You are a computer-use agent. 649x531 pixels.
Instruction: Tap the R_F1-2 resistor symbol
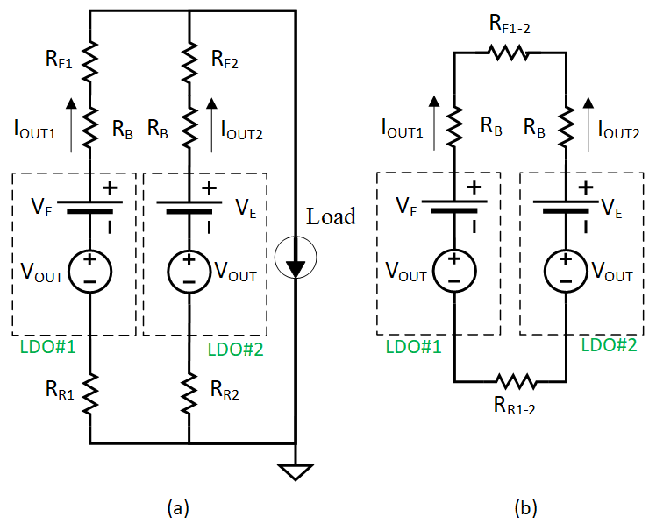510,53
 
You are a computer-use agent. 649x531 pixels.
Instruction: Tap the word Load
331,216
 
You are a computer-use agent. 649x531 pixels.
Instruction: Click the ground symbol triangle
296,472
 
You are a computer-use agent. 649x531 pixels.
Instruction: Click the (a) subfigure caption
179,507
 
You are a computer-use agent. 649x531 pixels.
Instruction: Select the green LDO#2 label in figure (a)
232,348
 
